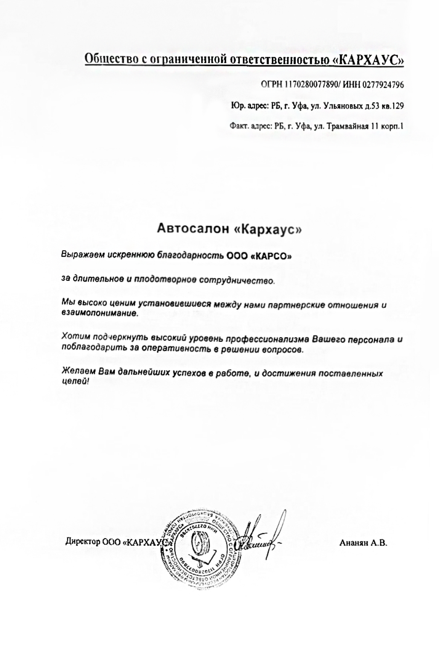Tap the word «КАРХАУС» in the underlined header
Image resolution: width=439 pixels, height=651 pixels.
[369, 60]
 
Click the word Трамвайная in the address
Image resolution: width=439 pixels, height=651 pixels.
[346, 126]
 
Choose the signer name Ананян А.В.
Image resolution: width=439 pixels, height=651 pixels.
[363, 543]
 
